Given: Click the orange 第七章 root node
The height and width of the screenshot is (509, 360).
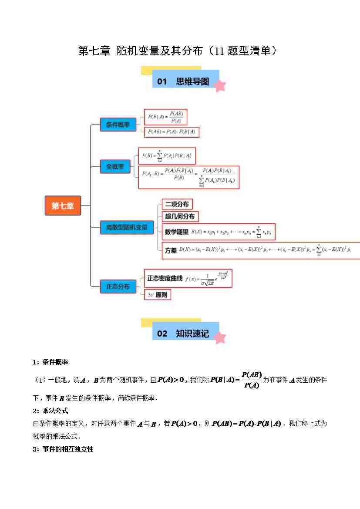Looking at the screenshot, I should [63, 206].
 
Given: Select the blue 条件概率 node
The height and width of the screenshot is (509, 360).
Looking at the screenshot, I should [118, 125].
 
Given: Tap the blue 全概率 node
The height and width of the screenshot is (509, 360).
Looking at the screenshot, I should [115, 166].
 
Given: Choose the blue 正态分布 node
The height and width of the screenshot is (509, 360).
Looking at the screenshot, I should [118, 286].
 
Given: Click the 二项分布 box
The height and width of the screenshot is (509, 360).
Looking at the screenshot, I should [176, 204].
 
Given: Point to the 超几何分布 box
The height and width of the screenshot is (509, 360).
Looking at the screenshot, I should [179, 216].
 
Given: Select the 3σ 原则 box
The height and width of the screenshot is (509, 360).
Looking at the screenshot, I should [157, 295].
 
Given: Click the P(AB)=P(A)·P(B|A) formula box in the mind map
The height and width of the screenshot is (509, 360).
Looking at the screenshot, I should [172, 132].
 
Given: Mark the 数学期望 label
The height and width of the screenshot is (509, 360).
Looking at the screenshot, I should [177, 232].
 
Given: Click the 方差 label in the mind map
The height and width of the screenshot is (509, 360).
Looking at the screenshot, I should [171, 250].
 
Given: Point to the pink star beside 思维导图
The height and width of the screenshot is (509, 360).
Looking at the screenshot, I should [220, 85].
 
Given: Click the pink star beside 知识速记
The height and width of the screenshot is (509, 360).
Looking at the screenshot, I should [220, 337].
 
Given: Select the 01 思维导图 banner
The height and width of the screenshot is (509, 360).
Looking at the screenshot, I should [185, 81].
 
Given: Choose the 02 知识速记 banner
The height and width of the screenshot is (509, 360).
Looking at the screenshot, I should [185, 334].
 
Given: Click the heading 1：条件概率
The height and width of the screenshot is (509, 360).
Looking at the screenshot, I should [50, 362].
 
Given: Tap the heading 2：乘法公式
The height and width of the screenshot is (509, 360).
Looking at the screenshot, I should [50, 411].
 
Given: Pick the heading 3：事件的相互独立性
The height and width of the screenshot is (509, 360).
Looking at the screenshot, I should [63, 449].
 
